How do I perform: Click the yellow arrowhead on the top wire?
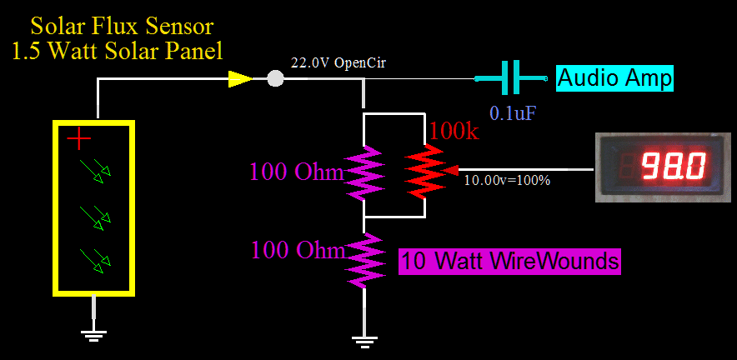click(240, 79)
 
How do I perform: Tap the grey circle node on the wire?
click(275, 79)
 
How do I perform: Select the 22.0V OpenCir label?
click(338, 63)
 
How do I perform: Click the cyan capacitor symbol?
click(511, 79)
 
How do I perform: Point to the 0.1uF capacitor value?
click(513, 112)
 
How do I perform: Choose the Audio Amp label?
click(614, 79)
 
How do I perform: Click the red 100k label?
click(456, 132)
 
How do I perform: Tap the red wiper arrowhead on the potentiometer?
click(451, 170)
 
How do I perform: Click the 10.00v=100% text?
click(507, 180)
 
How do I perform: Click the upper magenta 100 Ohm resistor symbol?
click(364, 172)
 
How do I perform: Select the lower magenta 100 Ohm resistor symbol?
click(364, 259)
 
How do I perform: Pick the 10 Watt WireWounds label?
click(511, 262)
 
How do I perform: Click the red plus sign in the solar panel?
click(79, 137)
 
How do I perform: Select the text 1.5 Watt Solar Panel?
click(118, 52)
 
